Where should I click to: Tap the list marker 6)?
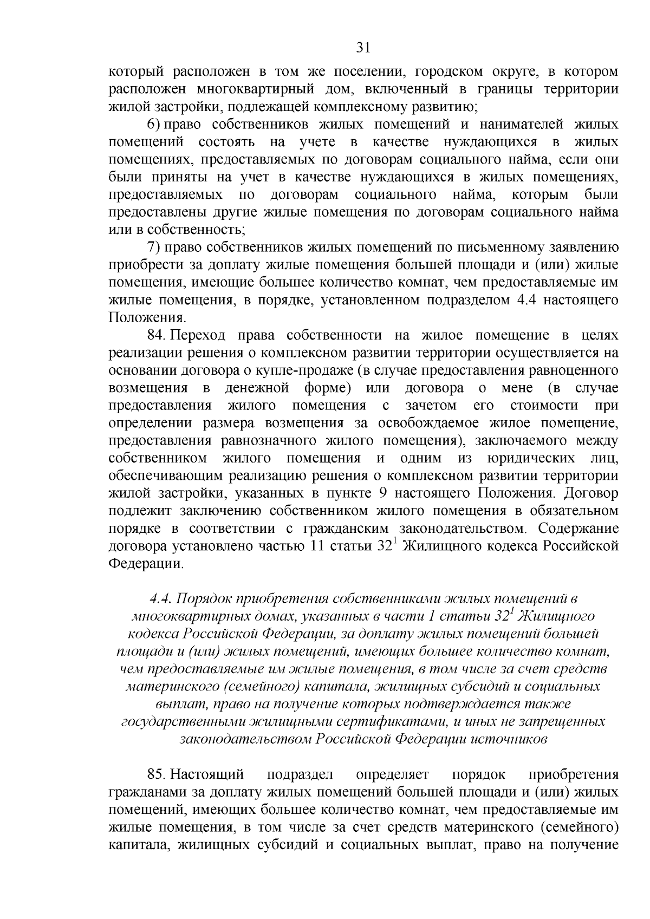[154, 125]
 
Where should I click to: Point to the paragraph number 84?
[157, 336]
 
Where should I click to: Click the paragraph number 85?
[157, 775]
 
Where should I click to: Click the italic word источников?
[509, 740]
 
